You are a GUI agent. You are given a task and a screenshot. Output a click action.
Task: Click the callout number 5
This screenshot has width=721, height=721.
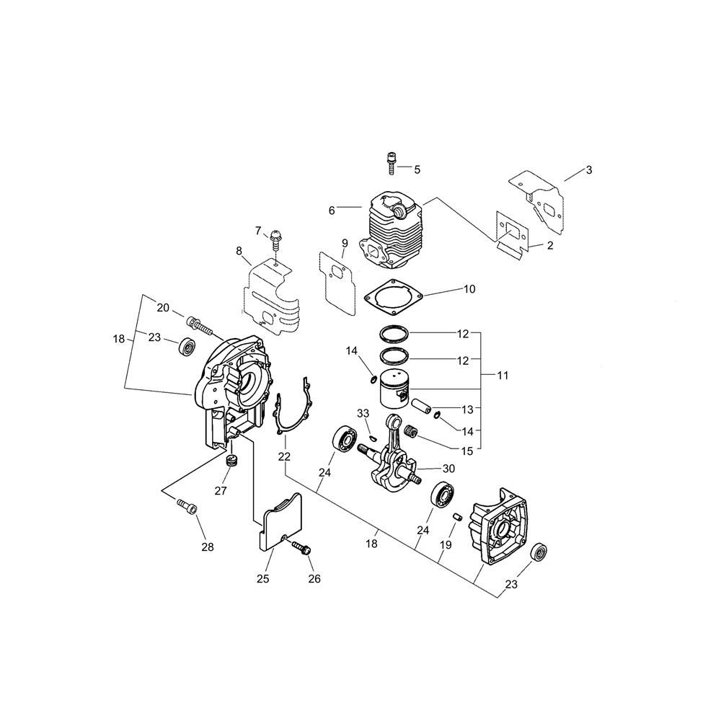417,169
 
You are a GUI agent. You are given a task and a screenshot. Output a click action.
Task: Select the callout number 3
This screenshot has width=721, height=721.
588,170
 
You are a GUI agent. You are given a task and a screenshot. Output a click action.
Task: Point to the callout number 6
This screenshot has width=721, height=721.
332,211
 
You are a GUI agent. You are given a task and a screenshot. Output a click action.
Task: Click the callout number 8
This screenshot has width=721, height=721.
239,251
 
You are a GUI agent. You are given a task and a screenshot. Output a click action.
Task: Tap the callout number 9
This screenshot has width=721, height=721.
345,242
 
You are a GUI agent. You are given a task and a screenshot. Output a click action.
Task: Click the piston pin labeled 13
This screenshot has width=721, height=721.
422,405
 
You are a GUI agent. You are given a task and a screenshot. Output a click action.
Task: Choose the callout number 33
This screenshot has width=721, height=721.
363,413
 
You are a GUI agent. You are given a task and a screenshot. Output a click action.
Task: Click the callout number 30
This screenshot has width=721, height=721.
448,469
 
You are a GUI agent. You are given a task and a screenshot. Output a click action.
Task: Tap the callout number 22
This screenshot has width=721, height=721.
285,456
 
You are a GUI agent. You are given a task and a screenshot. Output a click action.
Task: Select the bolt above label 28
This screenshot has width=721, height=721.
187,508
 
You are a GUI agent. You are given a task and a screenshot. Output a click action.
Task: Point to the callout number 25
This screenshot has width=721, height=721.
262,578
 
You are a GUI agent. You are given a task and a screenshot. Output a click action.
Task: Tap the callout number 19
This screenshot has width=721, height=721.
446,545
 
